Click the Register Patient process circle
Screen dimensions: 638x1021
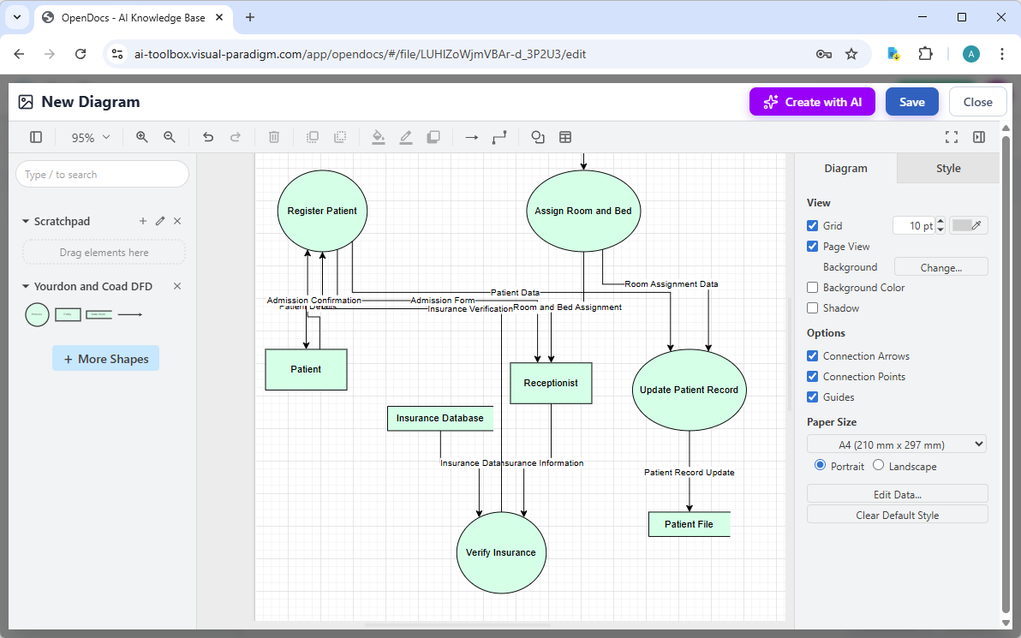pos(322,211)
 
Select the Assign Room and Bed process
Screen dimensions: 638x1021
pos(582,211)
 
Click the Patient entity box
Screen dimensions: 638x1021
pos(306,369)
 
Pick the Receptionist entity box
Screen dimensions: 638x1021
pos(551,383)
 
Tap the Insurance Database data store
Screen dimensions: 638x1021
pos(440,419)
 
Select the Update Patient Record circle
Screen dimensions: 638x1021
pos(689,390)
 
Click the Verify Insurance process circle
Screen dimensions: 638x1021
pos(501,552)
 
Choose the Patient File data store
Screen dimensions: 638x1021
pos(689,524)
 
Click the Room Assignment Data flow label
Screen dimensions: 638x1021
pos(672,284)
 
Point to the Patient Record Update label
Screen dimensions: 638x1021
pos(689,473)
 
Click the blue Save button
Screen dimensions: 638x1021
pos(911,102)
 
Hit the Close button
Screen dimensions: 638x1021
pos(977,102)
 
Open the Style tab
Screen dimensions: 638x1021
pos(947,169)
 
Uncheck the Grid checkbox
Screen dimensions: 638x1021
pos(813,226)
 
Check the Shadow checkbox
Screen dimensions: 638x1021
pos(813,308)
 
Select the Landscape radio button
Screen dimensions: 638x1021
pos(879,466)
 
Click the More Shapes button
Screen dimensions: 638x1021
pos(105,359)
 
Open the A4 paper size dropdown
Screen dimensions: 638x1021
pos(896,444)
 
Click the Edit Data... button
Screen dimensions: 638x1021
pos(897,494)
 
